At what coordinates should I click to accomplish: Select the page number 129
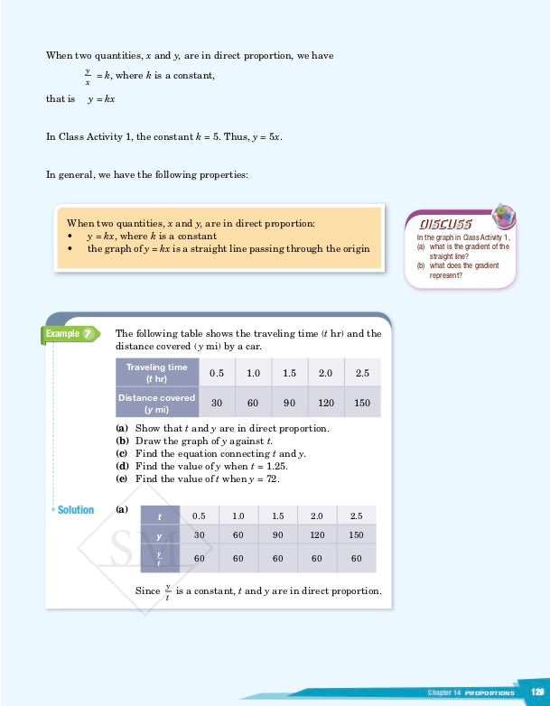point(536,692)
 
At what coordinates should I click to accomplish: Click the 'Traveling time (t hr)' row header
point(156,373)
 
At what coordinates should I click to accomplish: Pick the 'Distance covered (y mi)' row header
point(156,403)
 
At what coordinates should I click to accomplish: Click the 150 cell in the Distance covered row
point(362,403)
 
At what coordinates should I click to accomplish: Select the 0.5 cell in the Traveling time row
point(217,373)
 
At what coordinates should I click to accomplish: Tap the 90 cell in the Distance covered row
point(290,403)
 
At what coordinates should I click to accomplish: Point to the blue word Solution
point(76,510)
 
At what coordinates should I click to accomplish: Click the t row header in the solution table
point(159,516)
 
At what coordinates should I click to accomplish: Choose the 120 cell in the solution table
point(317,535)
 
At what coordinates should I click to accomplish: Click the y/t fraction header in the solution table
point(159,559)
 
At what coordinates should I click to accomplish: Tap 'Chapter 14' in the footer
point(444,692)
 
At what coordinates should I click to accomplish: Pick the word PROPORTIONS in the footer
point(489,692)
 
